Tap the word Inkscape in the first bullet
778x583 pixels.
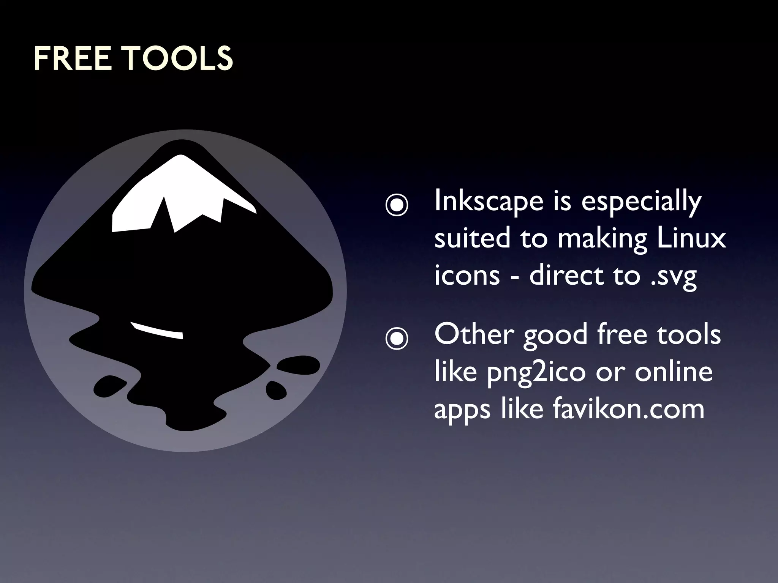[489, 201]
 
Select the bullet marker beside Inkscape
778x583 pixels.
[397, 205]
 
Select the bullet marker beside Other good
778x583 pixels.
[397, 338]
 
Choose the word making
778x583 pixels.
[602, 239]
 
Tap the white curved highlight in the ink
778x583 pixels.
[157, 331]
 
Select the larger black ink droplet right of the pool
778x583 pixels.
[298, 366]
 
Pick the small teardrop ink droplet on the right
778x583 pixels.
[276, 389]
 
